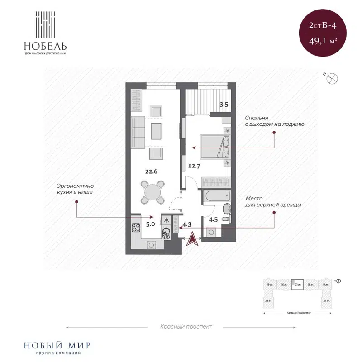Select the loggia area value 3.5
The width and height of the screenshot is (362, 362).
tap(224, 105)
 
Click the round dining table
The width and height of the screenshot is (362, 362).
tap(152, 192)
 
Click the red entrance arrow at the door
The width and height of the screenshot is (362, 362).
tap(193, 238)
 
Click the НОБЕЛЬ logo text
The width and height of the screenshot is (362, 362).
tap(46, 46)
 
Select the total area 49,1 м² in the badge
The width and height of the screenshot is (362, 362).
tap(323, 41)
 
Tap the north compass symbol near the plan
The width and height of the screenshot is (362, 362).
tap(333, 78)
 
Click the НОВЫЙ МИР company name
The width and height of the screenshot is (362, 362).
tap(56, 345)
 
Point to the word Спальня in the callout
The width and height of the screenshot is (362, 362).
tap(256, 116)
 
